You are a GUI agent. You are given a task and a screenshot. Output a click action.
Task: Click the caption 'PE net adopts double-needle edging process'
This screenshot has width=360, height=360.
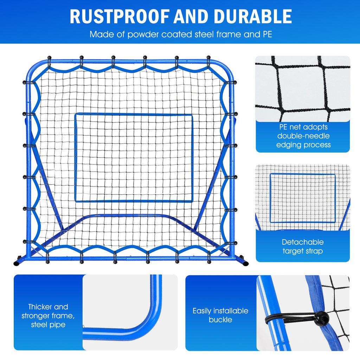click(x=303, y=136)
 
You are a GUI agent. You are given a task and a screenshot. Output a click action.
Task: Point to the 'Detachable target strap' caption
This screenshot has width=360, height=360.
click(x=302, y=246)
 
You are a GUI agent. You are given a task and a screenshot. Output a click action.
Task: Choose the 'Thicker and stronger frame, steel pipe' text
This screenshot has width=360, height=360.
click(x=48, y=315)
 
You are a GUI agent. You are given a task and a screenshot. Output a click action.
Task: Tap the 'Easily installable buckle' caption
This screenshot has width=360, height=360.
click(x=220, y=315)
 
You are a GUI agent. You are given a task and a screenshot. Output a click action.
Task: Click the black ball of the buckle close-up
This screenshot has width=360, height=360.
click(x=322, y=318)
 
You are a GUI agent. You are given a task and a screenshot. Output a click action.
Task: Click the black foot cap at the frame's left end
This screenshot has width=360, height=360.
click(x=17, y=263)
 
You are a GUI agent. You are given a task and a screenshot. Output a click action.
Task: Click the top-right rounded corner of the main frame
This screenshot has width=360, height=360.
click(x=229, y=67)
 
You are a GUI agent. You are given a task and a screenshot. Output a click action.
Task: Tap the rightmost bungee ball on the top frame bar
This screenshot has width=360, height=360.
click(x=208, y=57)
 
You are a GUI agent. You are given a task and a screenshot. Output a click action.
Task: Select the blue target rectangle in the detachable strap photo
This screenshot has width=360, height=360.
click(x=302, y=198)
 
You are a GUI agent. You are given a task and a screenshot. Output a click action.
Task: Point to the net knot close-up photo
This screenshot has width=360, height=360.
click(x=302, y=89)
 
